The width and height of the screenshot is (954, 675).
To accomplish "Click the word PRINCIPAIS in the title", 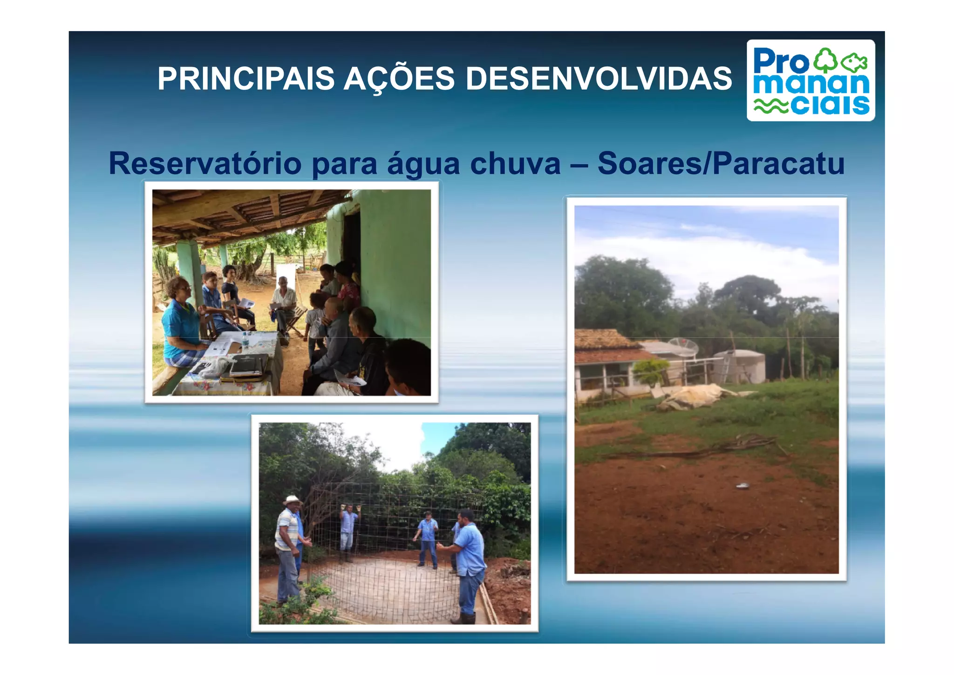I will (246, 78).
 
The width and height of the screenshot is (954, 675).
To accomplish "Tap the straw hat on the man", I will (293, 500).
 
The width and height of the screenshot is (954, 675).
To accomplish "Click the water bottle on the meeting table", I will (245, 340).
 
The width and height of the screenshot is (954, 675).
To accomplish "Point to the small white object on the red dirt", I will (742, 486).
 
